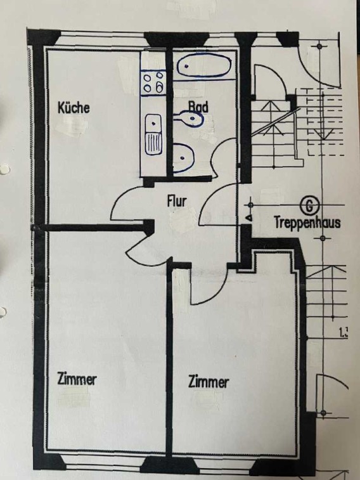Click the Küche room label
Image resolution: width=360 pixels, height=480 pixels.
pos(74,108)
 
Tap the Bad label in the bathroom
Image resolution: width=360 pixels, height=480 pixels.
pos(198,107)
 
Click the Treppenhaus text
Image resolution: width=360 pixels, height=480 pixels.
pos(307,223)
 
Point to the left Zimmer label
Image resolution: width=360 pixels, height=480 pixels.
pos(77,379)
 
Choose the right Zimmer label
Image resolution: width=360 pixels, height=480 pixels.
pos(209,382)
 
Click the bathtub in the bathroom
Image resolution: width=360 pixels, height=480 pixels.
pos(204,65)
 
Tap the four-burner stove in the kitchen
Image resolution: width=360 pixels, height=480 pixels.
pos(153,82)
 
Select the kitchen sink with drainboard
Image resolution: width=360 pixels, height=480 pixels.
pos(153,134)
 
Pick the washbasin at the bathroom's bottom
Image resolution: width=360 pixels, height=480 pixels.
pos(183,159)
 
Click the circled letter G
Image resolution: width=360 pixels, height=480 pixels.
pos(309,205)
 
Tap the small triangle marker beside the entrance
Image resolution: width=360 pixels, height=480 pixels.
pos(250,218)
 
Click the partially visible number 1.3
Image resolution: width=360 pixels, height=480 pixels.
pos(344,332)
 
